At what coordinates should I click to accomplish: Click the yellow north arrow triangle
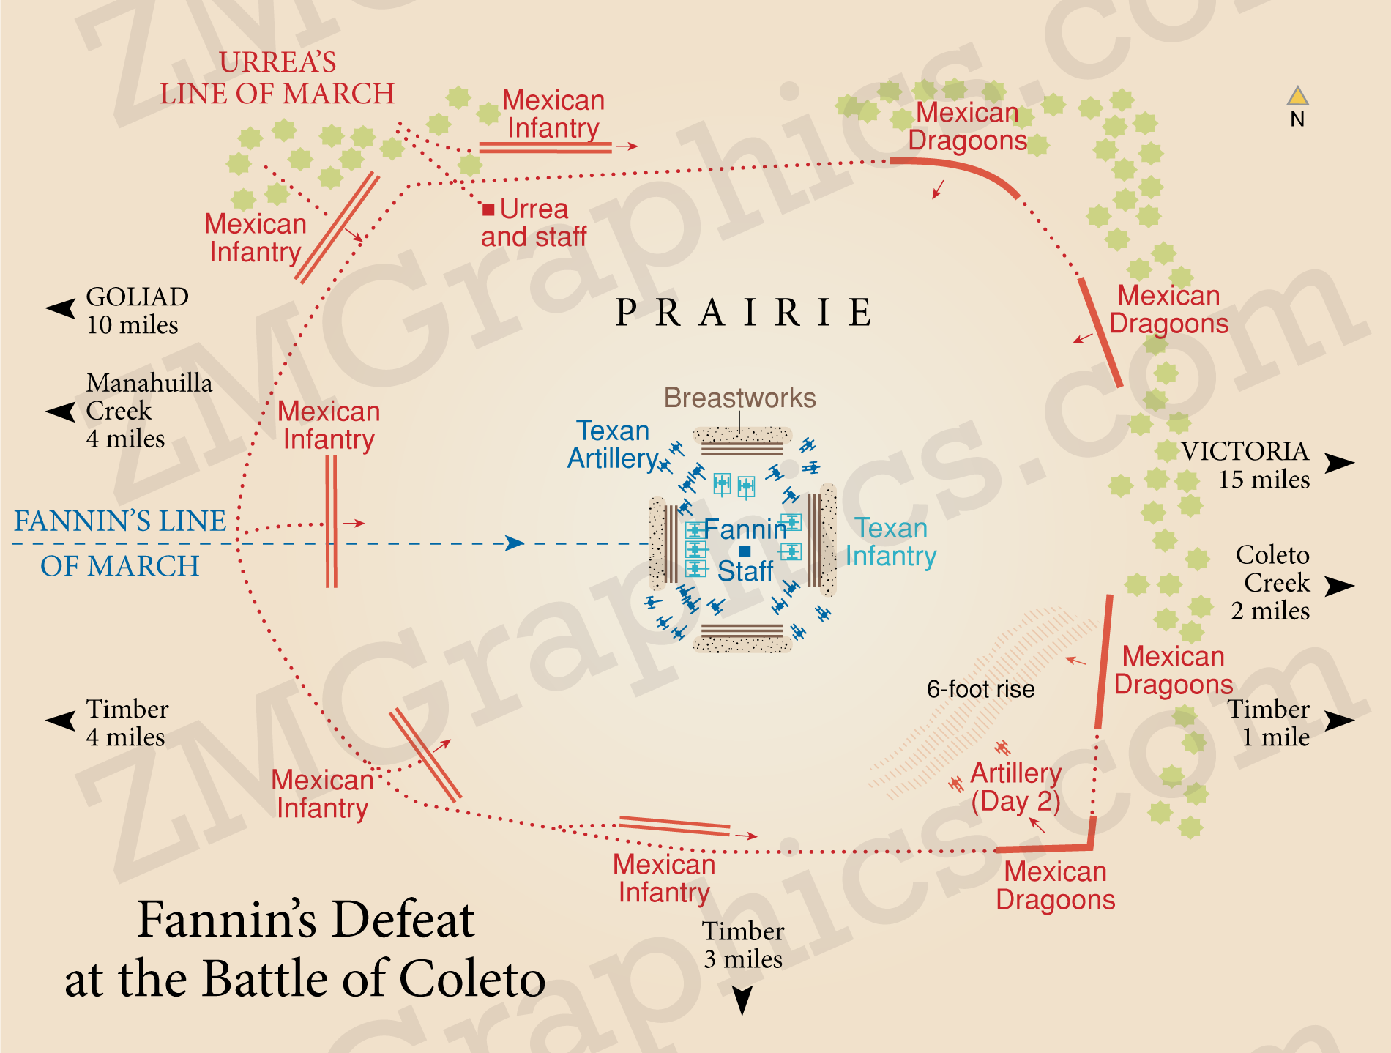1297,96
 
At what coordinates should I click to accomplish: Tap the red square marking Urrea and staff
488,209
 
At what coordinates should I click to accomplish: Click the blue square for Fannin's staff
745,551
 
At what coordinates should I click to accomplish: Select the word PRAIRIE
743,313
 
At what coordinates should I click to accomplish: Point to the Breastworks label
739,398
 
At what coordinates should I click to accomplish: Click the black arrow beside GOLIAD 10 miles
61,308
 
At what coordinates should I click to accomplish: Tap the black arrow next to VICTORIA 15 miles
1339,464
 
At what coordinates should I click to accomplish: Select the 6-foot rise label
980,689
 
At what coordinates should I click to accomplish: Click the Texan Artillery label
613,444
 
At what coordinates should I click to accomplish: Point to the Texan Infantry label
891,542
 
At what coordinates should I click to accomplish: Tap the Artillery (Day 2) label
1015,787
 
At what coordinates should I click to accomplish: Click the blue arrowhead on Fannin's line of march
515,543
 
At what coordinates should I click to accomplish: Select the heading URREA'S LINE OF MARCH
277,78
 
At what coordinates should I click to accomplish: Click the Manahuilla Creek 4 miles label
149,411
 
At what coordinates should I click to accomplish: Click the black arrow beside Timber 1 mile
1339,721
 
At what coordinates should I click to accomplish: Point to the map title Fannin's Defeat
305,950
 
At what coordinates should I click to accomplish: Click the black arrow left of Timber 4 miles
61,721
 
